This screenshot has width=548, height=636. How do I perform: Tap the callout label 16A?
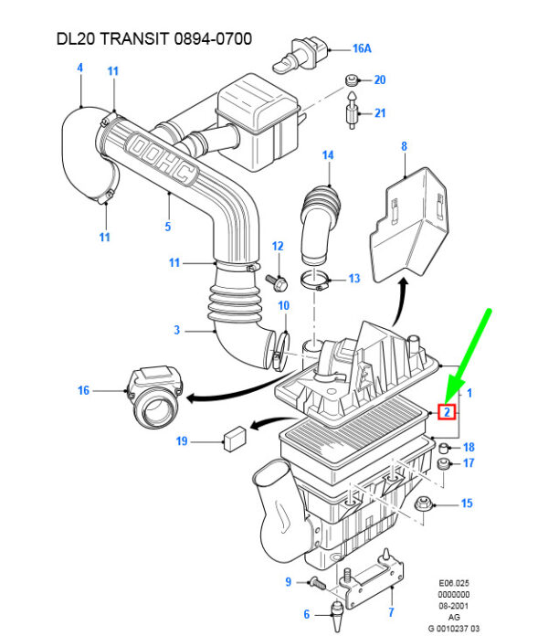pyautogui.click(x=363, y=48)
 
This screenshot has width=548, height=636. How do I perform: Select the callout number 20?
pyautogui.click(x=380, y=80)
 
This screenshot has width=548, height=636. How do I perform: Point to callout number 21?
pyautogui.click(x=380, y=113)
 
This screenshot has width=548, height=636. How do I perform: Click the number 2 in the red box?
pyautogui.click(x=448, y=411)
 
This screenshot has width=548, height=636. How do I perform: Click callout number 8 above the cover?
pyautogui.click(x=403, y=144)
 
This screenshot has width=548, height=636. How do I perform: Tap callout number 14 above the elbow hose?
pyautogui.click(x=328, y=155)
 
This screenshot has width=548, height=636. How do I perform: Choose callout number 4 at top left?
pyautogui.click(x=79, y=68)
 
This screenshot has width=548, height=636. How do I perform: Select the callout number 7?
pyautogui.click(x=391, y=612)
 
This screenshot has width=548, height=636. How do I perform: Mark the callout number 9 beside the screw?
pyautogui.click(x=288, y=582)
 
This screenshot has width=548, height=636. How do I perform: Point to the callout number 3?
pyautogui.click(x=177, y=330)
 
